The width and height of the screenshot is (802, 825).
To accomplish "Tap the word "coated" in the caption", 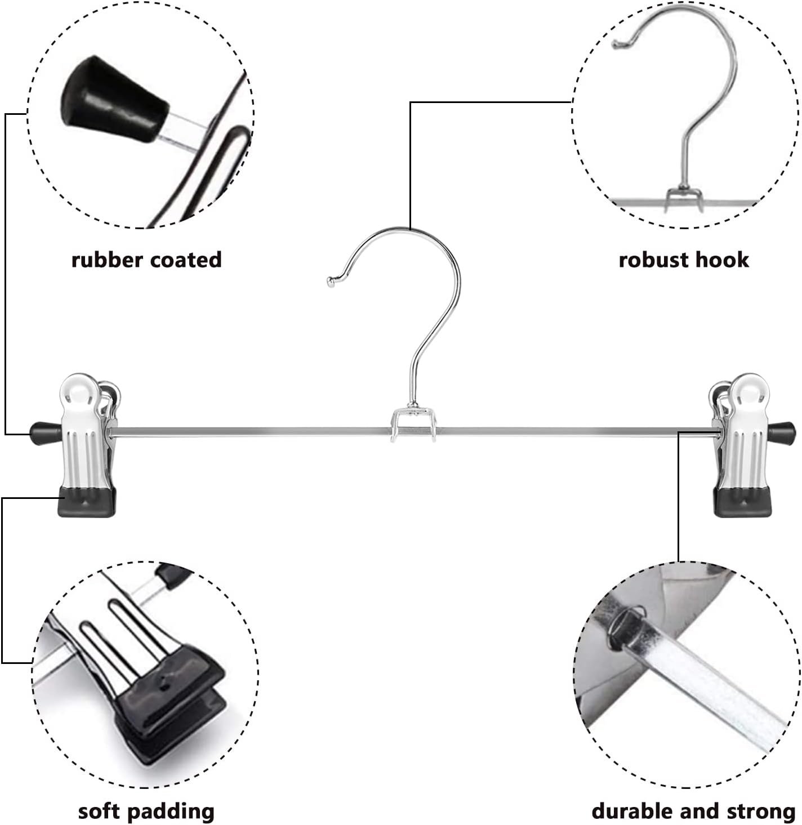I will pos(185,260).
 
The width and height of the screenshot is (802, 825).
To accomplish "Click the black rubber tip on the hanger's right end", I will pos(785,432).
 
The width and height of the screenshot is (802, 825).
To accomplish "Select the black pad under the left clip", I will pos(87,502).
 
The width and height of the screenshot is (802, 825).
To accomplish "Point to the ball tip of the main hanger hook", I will pos(331,282).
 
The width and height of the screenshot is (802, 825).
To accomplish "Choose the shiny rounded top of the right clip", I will pos(746,388).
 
